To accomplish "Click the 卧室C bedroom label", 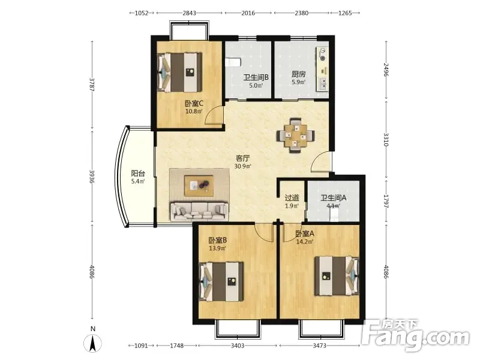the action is click(x=194, y=103).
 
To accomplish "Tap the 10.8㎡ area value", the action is click(x=194, y=111).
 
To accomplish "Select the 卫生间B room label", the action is click(x=256, y=77).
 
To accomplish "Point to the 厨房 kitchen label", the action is click(x=298, y=74).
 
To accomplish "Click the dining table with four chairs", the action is click(x=295, y=135).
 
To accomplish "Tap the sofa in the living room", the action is click(x=199, y=211).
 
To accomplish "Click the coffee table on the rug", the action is click(x=199, y=185).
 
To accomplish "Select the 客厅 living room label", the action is click(x=243, y=158).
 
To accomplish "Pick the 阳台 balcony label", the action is click(x=138, y=173).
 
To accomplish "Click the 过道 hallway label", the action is click(x=292, y=198).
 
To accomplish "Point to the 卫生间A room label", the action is click(x=334, y=198).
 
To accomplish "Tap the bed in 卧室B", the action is click(x=221, y=281).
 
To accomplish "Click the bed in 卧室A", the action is click(x=337, y=276).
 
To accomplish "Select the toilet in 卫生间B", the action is click(x=233, y=62).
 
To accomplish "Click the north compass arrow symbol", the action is click(x=93, y=343).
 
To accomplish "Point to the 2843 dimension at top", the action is click(x=189, y=13).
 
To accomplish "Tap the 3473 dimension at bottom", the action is click(x=319, y=346).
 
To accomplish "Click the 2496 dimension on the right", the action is click(x=386, y=70).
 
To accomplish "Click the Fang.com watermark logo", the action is click(x=415, y=335).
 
